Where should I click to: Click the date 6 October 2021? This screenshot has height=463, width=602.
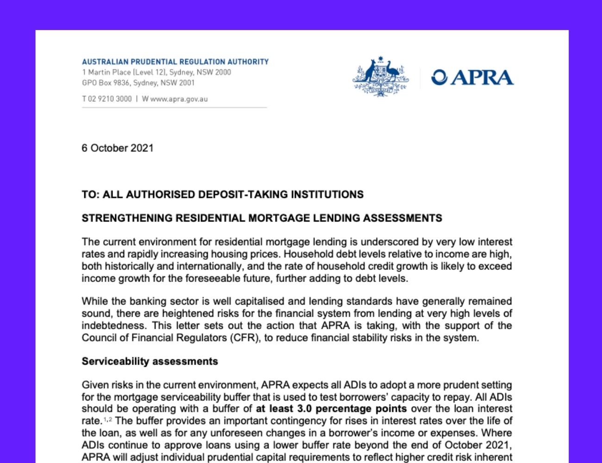[117, 148]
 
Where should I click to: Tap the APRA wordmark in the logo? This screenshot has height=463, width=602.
[482, 77]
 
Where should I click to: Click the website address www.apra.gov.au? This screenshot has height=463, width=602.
[179, 99]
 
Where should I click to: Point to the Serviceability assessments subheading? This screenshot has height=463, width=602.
[150, 361]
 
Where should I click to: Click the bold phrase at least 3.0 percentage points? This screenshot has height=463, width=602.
[332, 409]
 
